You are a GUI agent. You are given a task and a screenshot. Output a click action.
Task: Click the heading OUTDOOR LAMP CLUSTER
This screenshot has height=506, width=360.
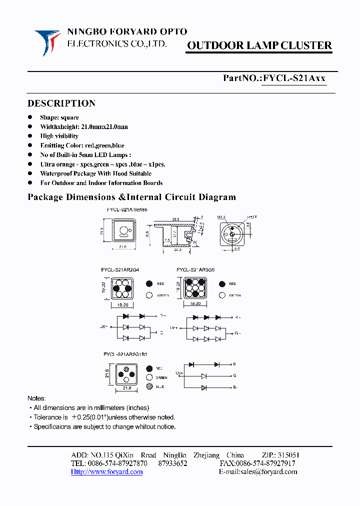(259, 45)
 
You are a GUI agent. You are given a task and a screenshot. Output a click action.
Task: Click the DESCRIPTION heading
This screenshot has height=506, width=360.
(61, 103)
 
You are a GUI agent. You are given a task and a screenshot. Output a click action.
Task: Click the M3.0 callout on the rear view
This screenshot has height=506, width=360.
(222, 217)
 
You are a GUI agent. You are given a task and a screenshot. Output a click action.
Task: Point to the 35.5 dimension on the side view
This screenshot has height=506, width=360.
(176, 219)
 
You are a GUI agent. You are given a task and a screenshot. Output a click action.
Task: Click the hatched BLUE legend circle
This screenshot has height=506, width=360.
(149, 386)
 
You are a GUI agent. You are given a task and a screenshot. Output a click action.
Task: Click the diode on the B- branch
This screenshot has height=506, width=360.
(203, 387)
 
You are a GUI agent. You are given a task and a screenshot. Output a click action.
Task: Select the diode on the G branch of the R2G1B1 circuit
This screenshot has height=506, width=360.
(203, 375)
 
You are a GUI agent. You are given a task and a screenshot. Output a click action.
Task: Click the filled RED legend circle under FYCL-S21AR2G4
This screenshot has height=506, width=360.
(149, 283)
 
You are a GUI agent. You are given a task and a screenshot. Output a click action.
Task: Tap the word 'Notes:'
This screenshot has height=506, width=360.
(36, 398)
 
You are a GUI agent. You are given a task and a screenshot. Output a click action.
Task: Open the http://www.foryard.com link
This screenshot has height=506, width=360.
(106, 471)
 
